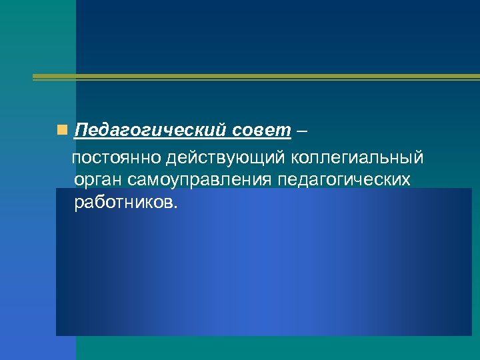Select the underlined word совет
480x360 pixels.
coord(262,129)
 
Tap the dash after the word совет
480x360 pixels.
coord(303,129)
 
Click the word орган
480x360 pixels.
coord(96,179)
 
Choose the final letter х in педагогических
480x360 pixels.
coord(406,179)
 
